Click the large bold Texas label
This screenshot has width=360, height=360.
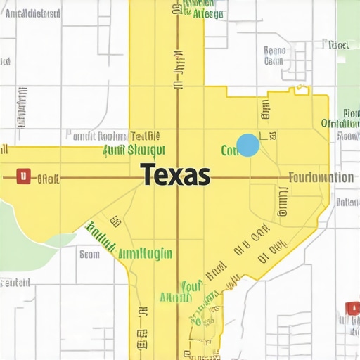pyautogui.click(x=175, y=174)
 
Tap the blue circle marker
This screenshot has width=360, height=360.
pyautogui.click(x=248, y=146)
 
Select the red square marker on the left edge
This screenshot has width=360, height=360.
pyautogui.click(x=23, y=176)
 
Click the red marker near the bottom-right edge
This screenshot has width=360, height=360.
pyautogui.click(x=352, y=308)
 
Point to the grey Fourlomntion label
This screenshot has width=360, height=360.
pyautogui.click(x=321, y=177)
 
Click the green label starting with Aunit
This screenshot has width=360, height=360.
pyautogui.click(x=134, y=150)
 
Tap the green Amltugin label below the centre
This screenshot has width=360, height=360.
pyautogui.click(x=146, y=253)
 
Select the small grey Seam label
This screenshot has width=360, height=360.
pyautogui.click(x=89, y=255)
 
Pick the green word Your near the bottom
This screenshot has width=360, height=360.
pyautogui.click(x=191, y=286)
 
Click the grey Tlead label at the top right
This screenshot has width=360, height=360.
pyautogui.click(x=338, y=45)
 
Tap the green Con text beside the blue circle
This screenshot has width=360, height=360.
pyautogui.click(x=229, y=150)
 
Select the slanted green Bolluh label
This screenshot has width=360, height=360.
pyautogui.click(x=100, y=236)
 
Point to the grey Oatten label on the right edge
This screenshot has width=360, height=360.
pyautogui.click(x=347, y=202)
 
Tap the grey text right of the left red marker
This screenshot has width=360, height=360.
pyautogui.click(x=48, y=178)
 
